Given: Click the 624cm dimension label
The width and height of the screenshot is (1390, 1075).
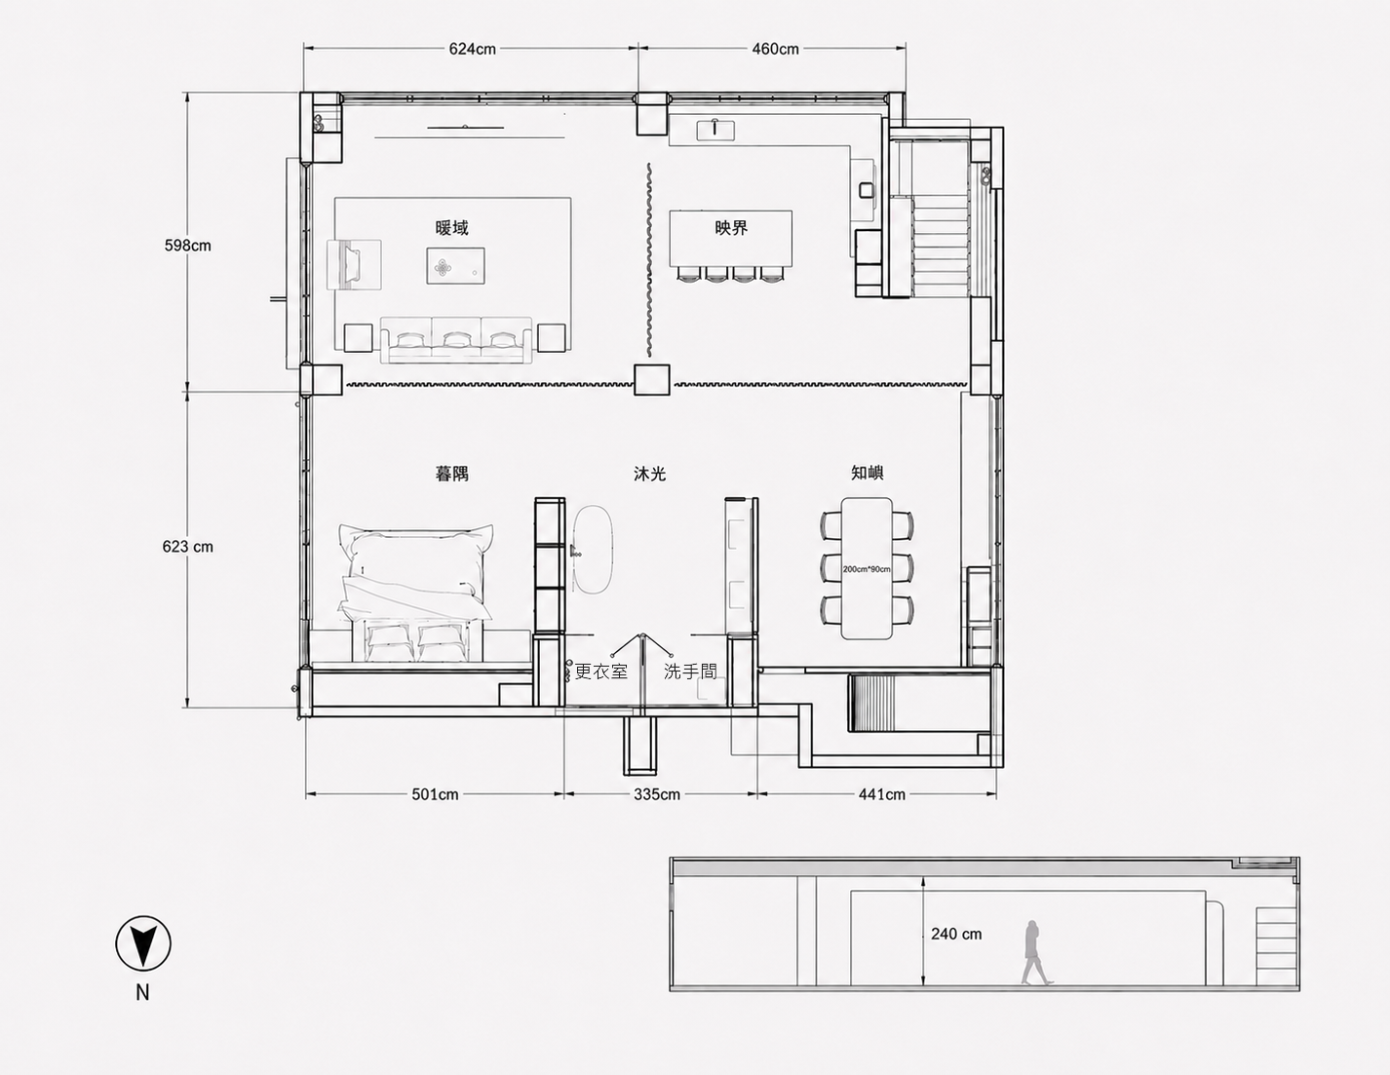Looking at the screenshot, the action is pos(472,49).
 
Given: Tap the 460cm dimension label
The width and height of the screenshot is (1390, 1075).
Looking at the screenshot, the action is pos(775,49).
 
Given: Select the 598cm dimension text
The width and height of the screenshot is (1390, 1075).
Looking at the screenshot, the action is pos(187,246).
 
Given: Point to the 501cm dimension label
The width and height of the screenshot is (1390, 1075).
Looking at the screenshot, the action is pos(435,795).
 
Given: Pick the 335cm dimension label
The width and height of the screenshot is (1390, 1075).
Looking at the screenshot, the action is pos(657,795).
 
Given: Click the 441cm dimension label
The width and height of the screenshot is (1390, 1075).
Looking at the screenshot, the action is pos(881,795).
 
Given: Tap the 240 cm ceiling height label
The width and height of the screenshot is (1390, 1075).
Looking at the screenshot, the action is pos(956,935).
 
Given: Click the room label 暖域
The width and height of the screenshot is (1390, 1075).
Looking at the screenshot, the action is pos(451,228).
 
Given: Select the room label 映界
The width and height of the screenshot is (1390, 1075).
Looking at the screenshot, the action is pos(731,228).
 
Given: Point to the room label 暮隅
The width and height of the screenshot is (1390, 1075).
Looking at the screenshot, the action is pos(451,474).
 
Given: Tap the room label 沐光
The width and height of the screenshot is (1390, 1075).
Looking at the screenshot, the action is pos(650,474).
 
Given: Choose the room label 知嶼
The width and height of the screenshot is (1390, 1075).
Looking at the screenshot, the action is pos(868,473).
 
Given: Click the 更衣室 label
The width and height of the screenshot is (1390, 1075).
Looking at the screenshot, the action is pos(601,672).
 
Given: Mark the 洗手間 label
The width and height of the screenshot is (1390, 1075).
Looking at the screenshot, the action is pos(690,672).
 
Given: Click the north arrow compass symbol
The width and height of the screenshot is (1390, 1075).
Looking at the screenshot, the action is pos(143,943).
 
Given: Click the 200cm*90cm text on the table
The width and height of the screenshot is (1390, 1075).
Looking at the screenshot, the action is pos(867,569).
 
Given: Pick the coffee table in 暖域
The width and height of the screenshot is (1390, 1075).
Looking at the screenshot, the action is pos(455,265).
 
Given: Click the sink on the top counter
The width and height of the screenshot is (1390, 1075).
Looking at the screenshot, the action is pos(715,129).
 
